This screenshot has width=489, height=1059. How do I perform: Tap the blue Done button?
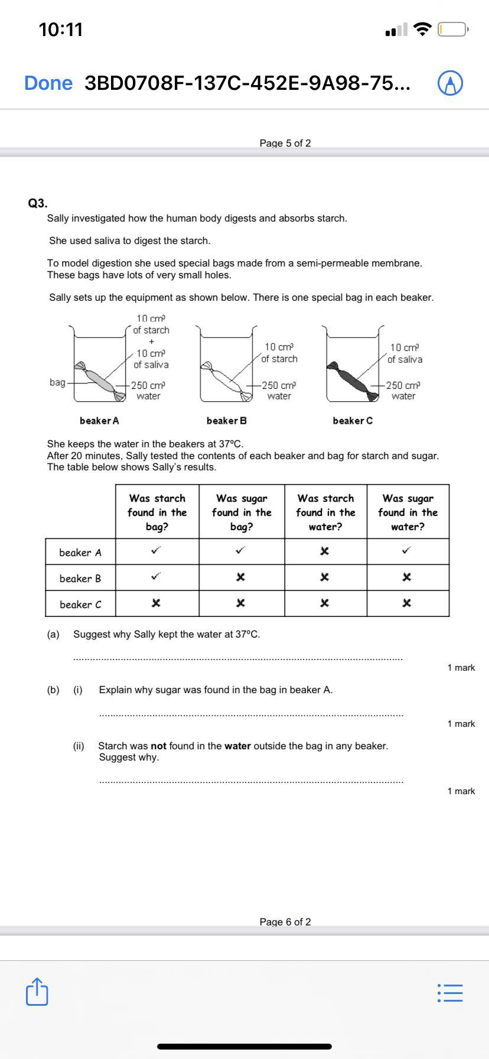pyautogui.click(x=48, y=83)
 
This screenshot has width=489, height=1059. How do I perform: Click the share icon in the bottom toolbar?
pyautogui.click(x=37, y=992)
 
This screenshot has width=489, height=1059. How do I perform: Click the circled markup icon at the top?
pyautogui.click(x=450, y=83)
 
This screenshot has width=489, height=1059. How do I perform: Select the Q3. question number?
pyautogui.click(x=38, y=203)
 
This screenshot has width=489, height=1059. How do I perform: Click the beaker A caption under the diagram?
pyautogui.click(x=99, y=421)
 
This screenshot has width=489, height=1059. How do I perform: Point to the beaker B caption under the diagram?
pyautogui.click(x=226, y=421)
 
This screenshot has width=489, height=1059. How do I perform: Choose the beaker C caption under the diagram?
pyautogui.click(x=353, y=421)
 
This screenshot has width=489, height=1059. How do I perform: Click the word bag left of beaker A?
pyautogui.click(x=57, y=382)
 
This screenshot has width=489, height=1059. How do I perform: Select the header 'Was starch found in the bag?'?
pyautogui.click(x=157, y=512)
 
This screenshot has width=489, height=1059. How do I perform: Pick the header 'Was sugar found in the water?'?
pyautogui.click(x=407, y=512)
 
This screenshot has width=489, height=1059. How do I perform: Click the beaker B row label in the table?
pyautogui.click(x=80, y=579)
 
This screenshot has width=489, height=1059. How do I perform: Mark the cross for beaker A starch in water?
pyautogui.click(x=324, y=551)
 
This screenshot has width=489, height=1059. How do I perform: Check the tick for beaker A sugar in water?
pyautogui.click(x=406, y=551)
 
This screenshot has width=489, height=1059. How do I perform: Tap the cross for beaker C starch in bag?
pyautogui.click(x=156, y=603)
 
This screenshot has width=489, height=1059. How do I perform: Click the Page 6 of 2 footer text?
pyautogui.click(x=285, y=922)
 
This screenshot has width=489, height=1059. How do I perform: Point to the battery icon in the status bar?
pyautogui.click(x=453, y=29)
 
